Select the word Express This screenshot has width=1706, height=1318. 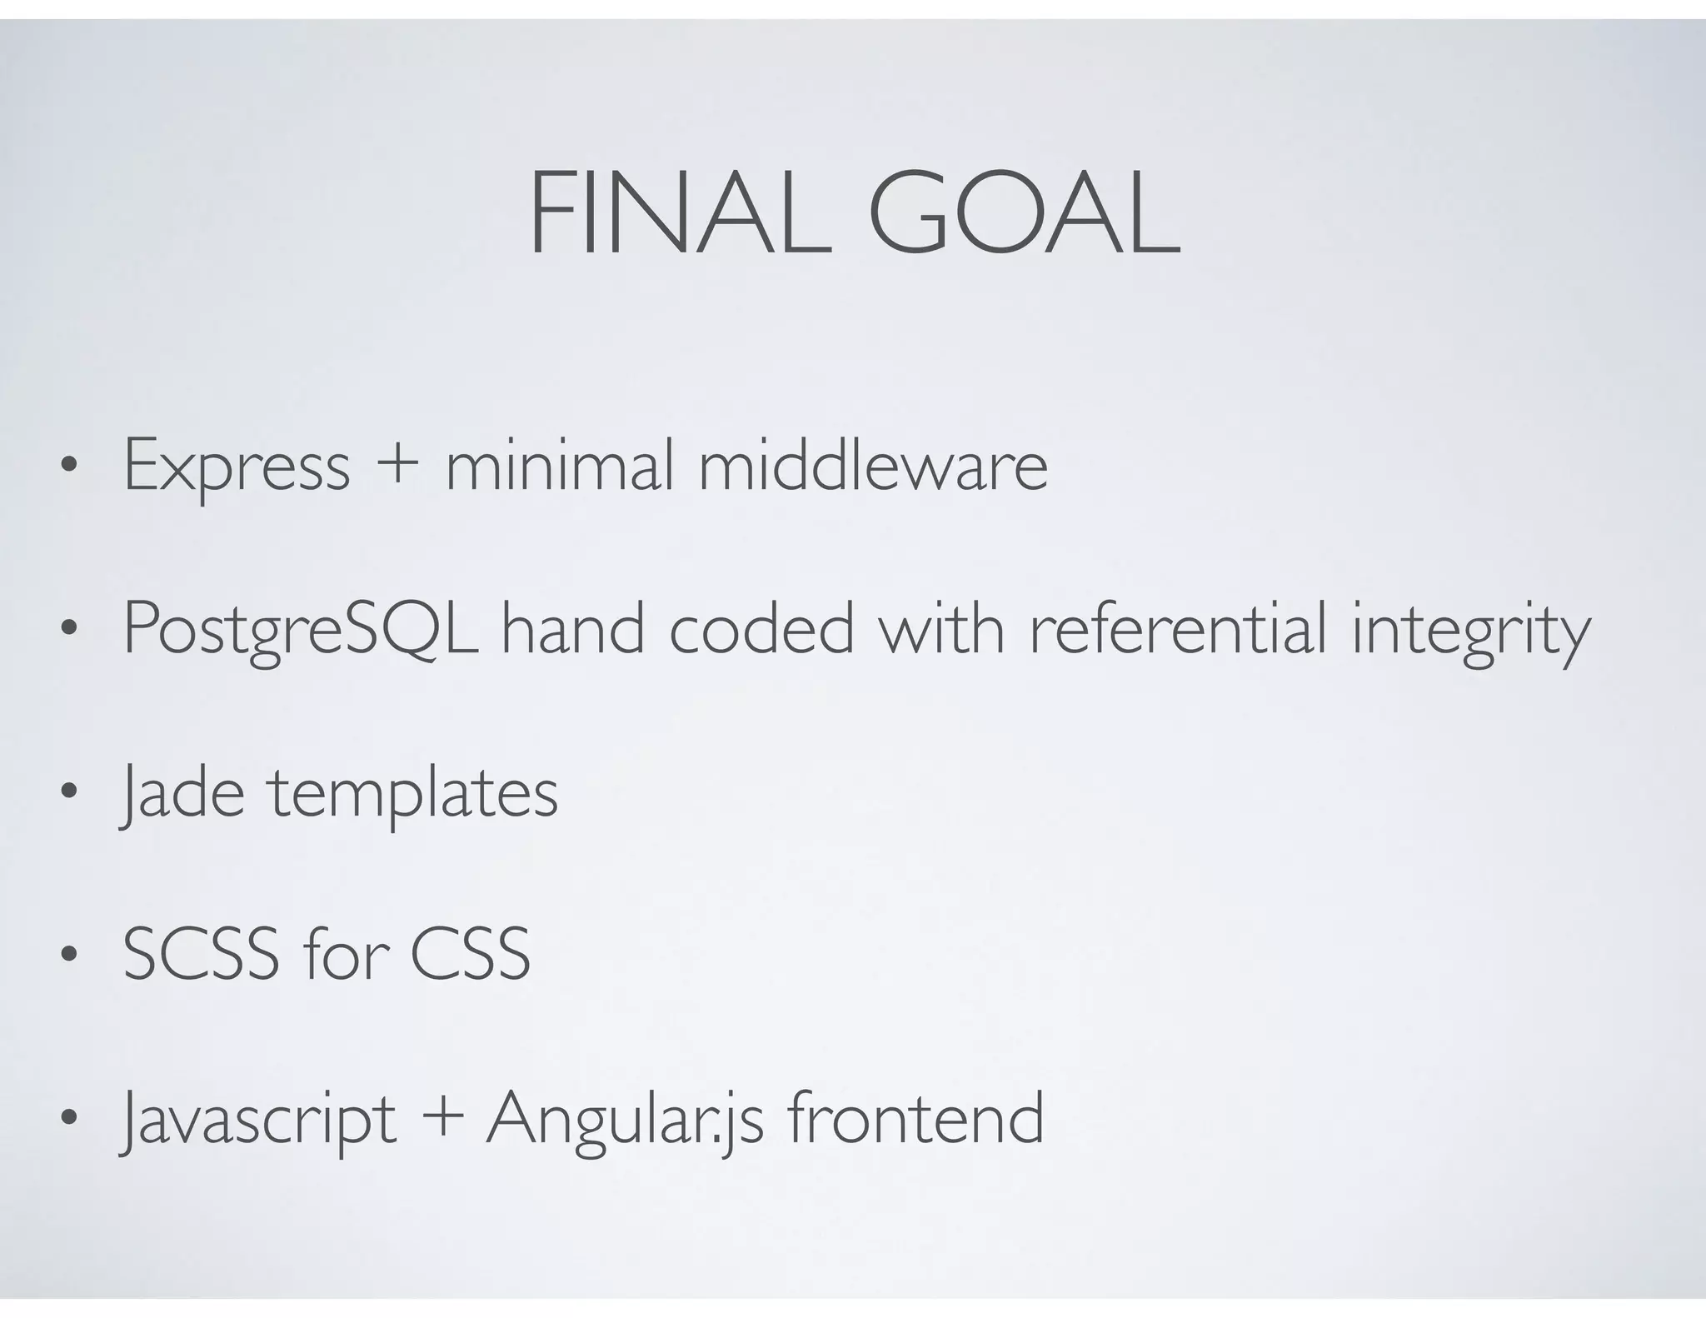237,467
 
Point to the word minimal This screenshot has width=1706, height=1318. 559,466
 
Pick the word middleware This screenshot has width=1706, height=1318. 872,466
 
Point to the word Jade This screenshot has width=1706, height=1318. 182,794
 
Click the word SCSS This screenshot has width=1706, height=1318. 201,954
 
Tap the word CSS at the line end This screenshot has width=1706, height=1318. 470,954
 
